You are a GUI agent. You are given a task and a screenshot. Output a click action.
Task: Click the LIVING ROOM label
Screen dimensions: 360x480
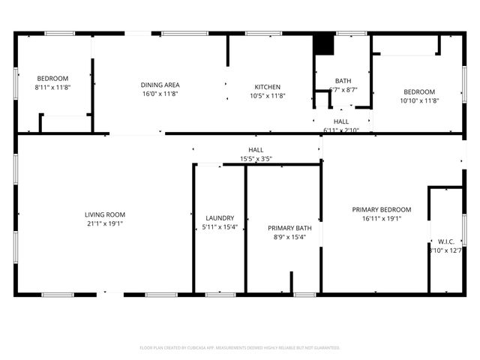coord(104,214)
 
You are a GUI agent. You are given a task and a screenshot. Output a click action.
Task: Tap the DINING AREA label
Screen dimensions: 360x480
coord(160,85)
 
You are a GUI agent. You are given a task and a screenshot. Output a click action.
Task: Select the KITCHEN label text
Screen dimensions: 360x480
coord(268,85)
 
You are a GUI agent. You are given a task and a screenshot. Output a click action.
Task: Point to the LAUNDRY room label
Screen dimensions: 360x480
coord(220,218)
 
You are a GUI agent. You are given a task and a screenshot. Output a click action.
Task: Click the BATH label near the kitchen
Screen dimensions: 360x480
coord(343,81)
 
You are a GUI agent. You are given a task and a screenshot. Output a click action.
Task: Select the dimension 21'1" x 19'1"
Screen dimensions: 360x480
coord(104,223)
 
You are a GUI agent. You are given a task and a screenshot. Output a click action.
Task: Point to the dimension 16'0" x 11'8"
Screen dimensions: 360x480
coord(160,94)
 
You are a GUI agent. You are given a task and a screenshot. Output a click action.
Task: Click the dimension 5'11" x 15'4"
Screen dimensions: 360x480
coord(220,227)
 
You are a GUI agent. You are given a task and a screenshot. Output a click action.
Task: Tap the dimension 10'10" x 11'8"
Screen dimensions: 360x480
coord(419,100)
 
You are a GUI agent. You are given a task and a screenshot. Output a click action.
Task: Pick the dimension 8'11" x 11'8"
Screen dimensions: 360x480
coord(52,87)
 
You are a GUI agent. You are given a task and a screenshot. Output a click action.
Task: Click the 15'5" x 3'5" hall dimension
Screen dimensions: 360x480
coord(256,159)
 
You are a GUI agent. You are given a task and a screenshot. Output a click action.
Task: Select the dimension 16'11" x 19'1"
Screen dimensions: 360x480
coord(382,218)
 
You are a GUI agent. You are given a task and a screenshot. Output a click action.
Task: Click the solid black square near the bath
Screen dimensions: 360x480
coord(323,44)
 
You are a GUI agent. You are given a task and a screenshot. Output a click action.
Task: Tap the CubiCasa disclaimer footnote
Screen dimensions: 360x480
coord(240,348)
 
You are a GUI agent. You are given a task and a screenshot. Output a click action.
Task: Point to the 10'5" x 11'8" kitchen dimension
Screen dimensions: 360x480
coord(268,94)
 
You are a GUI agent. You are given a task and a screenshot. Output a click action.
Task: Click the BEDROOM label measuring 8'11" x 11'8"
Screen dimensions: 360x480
coord(52,78)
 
